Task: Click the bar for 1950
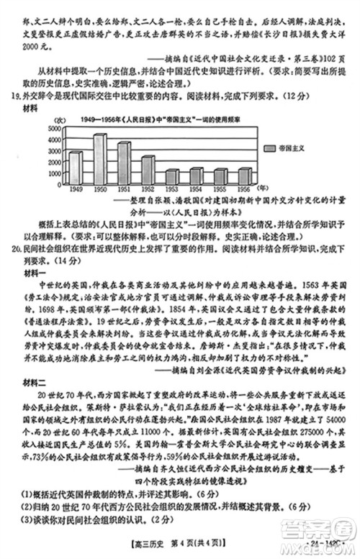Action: [x=100, y=159]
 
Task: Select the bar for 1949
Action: [x=76, y=168]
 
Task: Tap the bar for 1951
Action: [x=124, y=163]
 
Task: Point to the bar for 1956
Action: [x=244, y=176]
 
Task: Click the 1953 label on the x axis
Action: [x=172, y=190]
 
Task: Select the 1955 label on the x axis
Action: [x=220, y=190]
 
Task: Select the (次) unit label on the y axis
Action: [x=60, y=119]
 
